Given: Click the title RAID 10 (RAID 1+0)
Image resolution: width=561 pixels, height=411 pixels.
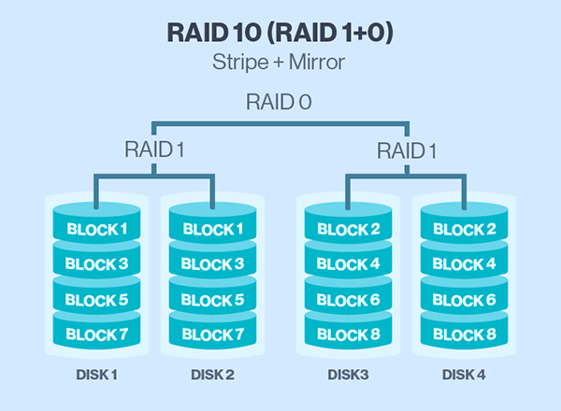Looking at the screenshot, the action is click(280, 34).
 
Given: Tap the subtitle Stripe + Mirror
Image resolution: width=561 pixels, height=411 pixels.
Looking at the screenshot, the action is click(279, 63).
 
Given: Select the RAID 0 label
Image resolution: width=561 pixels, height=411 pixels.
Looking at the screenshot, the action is click(279, 102).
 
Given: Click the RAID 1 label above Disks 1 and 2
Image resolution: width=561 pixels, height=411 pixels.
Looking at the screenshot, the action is click(154, 149).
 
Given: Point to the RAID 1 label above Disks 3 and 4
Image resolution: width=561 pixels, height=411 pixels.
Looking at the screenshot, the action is click(407, 150).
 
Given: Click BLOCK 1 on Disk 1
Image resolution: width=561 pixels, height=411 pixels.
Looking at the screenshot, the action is click(97, 229).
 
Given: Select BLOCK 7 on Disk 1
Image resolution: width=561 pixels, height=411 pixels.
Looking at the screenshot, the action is click(97, 334).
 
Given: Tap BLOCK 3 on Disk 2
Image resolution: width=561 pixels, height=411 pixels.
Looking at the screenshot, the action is click(212, 264).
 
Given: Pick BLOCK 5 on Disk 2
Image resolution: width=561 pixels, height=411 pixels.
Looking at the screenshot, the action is click(212, 300).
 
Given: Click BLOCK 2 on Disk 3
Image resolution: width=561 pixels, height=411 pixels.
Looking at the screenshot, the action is click(348, 229).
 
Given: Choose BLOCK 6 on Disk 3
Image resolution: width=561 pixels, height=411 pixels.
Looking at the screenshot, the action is click(348, 300).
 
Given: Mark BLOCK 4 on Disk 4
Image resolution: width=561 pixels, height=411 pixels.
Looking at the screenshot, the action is click(464, 264).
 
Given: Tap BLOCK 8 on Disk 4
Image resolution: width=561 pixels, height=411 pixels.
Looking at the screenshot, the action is click(465, 334).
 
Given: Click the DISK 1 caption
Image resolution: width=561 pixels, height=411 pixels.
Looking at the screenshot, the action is click(96, 375).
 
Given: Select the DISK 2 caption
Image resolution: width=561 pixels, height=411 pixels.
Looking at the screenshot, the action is click(212, 375).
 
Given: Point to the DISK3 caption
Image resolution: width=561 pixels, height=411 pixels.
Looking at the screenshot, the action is click(348, 375).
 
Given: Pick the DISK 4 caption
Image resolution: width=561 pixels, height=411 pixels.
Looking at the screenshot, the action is click(464, 375).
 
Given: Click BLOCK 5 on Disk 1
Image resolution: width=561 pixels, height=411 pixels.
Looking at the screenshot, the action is click(96, 300).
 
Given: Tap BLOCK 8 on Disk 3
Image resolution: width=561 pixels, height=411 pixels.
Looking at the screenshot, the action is click(349, 334).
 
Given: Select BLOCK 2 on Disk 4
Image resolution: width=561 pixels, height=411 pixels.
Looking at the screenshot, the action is click(465, 229).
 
